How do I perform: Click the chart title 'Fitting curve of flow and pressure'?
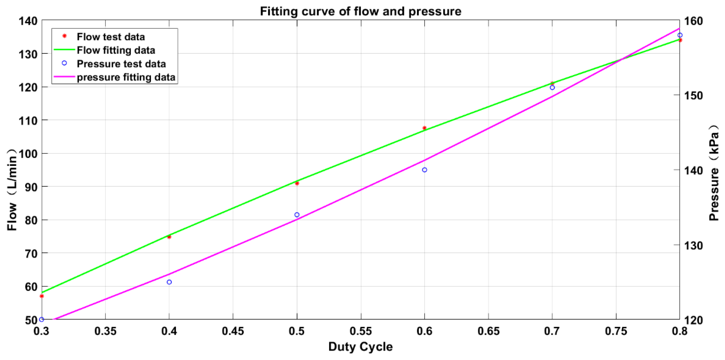tap(361, 12)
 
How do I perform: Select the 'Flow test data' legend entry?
tap(111, 37)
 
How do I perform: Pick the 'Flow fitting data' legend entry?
tap(116, 50)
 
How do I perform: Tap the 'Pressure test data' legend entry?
tap(121, 64)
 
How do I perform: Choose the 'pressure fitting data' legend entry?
tap(126, 77)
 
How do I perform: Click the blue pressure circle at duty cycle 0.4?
tap(169, 282)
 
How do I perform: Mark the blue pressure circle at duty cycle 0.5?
tap(297, 215)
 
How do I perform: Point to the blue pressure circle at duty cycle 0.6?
tap(424, 170)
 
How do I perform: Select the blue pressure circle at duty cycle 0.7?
tap(552, 87)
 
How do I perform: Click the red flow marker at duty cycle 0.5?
tap(297, 183)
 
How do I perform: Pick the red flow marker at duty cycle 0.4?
tap(169, 237)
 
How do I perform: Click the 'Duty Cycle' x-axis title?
tap(361, 347)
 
